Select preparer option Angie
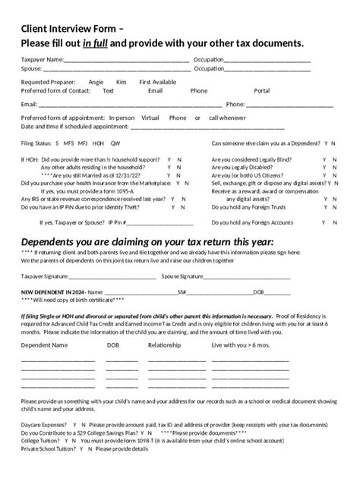tap(96, 81)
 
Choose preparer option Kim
tap(122, 81)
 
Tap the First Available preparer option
tap(158, 81)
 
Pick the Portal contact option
tap(262, 90)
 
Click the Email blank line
tap(130, 105)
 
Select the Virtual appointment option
tap(150, 118)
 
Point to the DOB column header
tap(113, 345)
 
